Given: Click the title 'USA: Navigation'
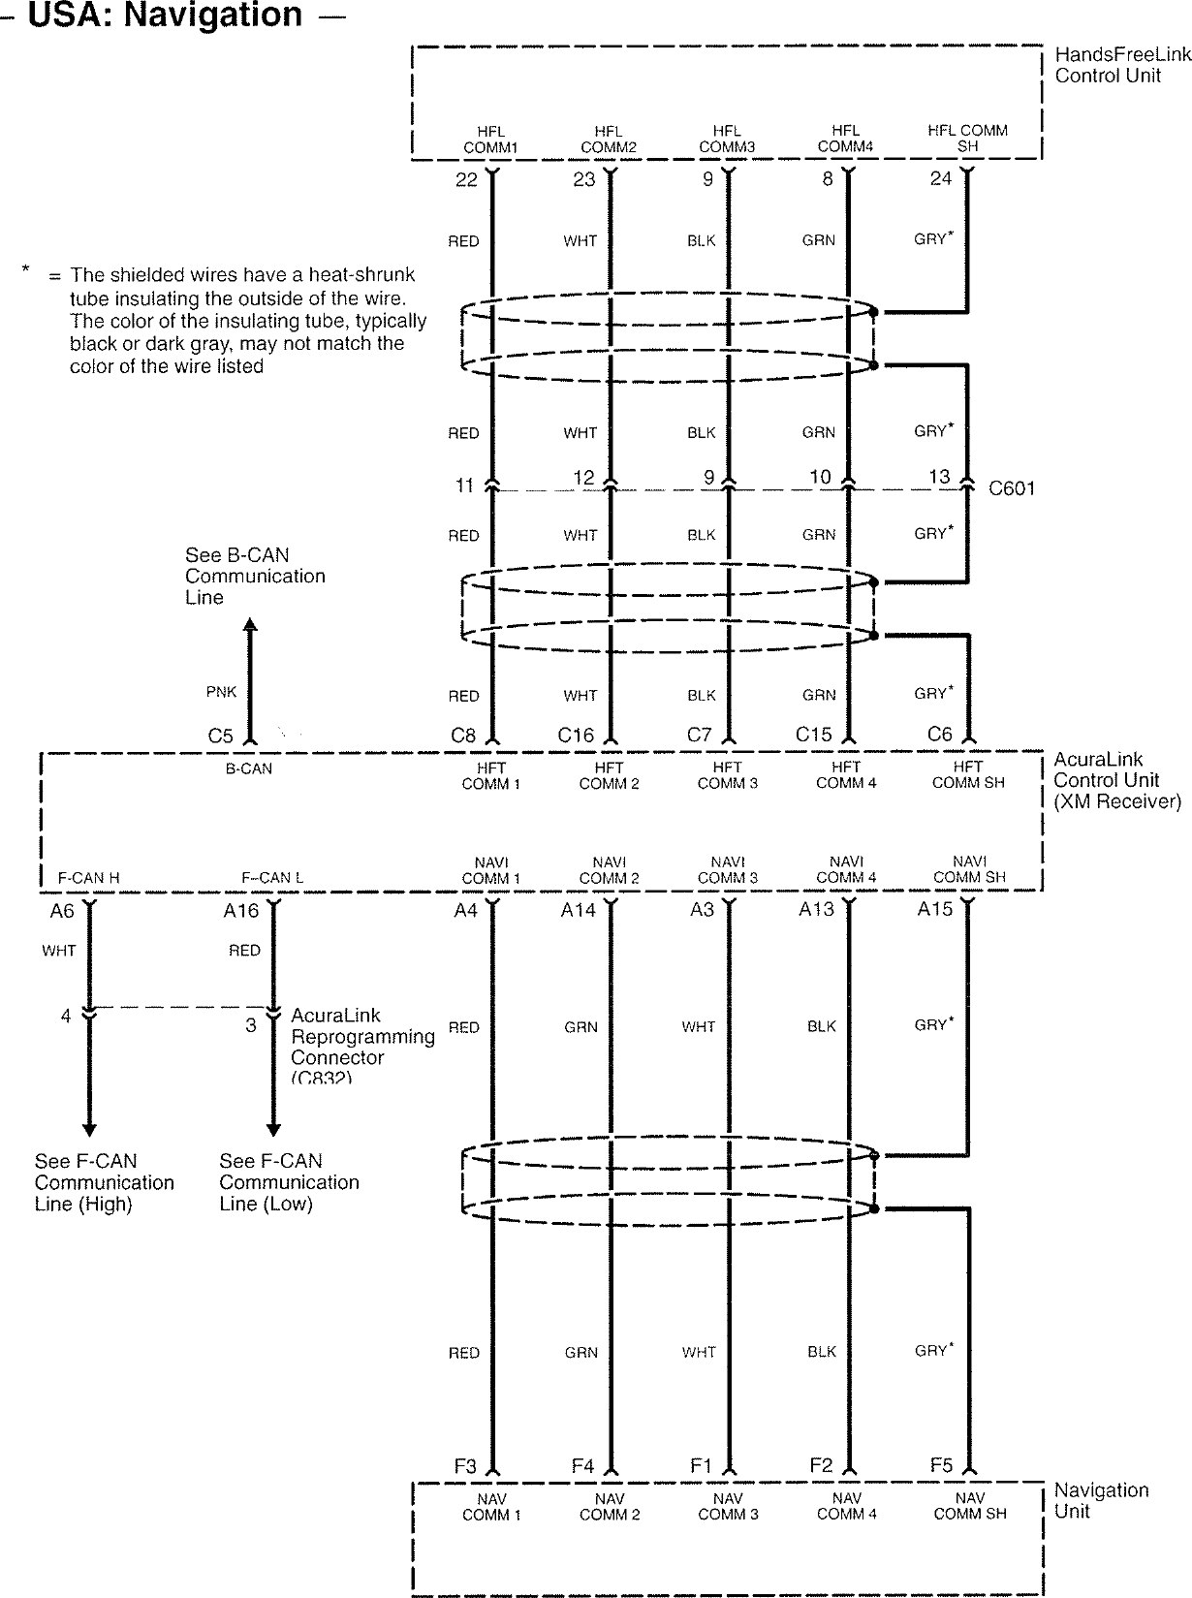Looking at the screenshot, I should click(x=165, y=16).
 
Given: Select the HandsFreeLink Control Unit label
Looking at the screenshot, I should click(x=1121, y=66).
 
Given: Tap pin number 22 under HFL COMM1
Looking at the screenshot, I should click(x=466, y=180).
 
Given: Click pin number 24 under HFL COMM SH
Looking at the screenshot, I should click(x=940, y=179).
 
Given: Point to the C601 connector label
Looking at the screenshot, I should click(x=1012, y=488).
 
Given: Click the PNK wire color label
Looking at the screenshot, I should click(x=221, y=692).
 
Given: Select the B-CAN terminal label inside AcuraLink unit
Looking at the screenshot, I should click(x=249, y=769).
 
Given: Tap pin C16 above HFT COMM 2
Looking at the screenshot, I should click(x=576, y=736).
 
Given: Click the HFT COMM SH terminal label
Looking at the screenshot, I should click(x=968, y=775).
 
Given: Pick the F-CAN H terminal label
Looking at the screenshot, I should click(x=88, y=878).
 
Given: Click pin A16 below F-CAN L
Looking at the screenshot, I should click(x=240, y=911).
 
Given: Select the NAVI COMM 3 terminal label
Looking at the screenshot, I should click(x=728, y=870).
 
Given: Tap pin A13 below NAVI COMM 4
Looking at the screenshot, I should click(x=817, y=910).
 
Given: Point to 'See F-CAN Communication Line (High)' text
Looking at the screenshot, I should click(x=104, y=1182).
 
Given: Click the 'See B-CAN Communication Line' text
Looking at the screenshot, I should click(x=254, y=577).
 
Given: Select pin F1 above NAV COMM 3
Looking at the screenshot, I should click(x=701, y=1466).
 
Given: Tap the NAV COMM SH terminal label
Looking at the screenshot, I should click(x=970, y=1506).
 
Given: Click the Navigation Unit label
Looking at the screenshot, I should click(x=1101, y=1500).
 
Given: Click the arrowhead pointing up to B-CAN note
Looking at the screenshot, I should click(x=250, y=626).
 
